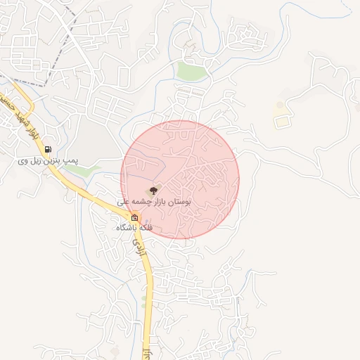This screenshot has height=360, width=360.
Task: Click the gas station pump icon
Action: [x=47, y=149]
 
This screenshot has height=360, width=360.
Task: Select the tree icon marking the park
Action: [x=155, y=189]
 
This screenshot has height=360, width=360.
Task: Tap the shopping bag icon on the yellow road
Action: [x=134, y=218]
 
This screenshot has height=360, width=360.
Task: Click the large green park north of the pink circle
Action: [x=190, y=71]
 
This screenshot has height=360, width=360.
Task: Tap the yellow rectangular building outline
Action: [x=282, y=121]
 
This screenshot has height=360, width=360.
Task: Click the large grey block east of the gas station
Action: [x=98, y=137]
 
